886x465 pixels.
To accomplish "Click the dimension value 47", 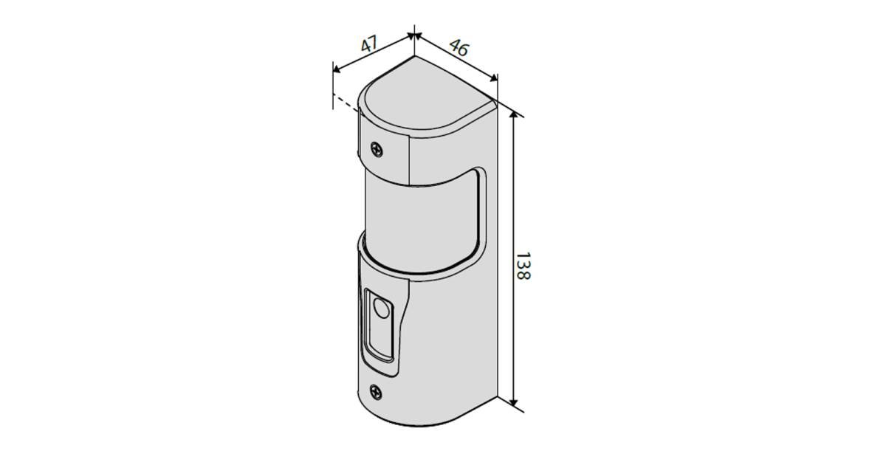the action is point(369,44).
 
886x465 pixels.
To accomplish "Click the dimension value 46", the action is point(459,47).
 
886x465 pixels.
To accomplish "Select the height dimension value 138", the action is point(523,266).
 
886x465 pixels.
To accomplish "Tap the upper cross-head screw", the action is point(377,149).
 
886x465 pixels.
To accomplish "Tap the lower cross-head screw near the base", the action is point(376,392).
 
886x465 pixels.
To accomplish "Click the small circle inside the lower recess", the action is point(381,309).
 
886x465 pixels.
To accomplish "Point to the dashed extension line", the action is point(346,102).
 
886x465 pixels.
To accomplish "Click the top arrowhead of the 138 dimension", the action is point(513,115).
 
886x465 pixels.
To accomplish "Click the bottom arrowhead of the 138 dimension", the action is point(513,402).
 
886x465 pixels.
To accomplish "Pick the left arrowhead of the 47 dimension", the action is point(337,69).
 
